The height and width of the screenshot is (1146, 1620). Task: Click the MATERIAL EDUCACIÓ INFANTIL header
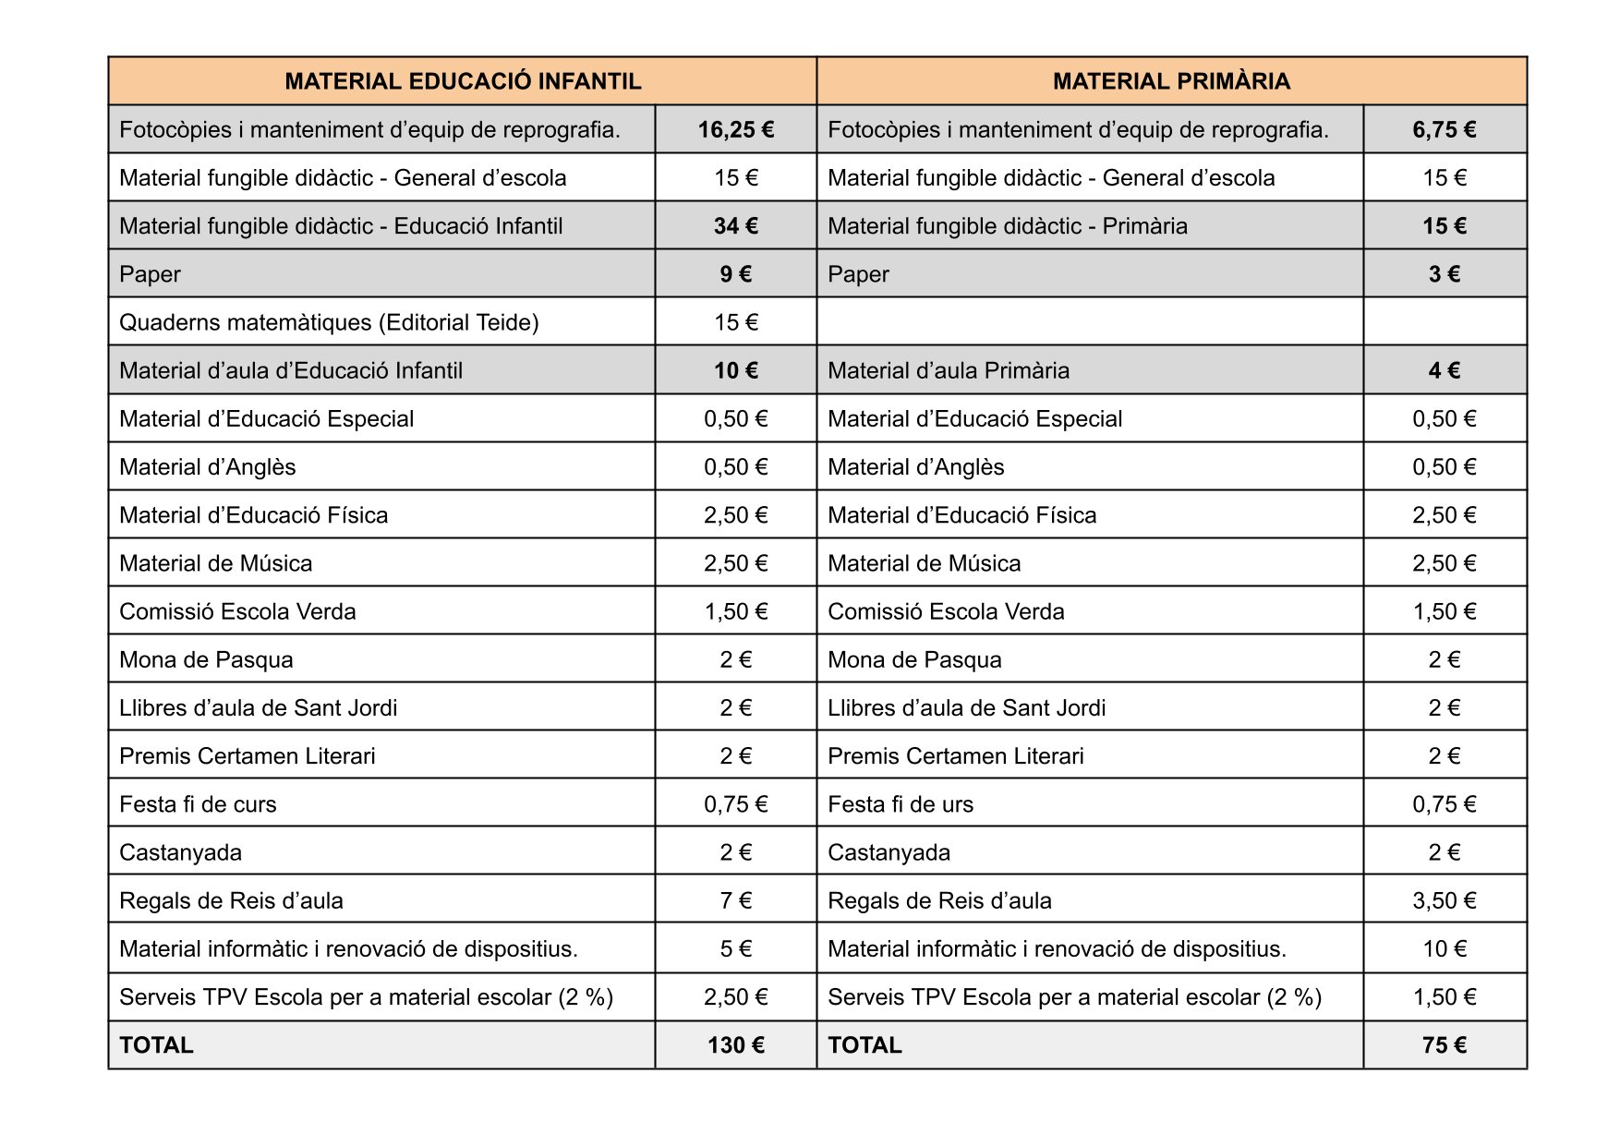point(463,81)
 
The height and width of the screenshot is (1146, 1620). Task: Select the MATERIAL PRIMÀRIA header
point(1171,81)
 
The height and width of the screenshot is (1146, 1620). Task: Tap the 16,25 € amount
point(736,130)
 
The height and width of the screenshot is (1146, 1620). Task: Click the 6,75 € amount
point(1444,130)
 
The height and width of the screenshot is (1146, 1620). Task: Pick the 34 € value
point(736,226)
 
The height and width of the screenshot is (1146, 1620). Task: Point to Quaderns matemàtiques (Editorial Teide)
point(329,322)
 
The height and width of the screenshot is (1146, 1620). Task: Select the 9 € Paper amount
point(736,274)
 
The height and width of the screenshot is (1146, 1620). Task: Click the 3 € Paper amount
point(1444,274)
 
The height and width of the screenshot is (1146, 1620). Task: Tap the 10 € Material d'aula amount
point(736,370)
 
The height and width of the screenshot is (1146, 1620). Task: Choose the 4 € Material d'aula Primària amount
point(1444,370)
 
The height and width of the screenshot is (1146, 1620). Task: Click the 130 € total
point(736,1045)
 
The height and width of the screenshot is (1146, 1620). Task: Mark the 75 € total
point(1444,1045)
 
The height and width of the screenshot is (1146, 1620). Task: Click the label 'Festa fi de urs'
point(901,804)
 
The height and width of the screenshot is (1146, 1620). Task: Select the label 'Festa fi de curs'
point(198,804)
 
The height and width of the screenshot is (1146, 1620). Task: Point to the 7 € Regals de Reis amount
point(736,900)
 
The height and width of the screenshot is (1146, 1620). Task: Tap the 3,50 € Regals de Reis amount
point(1444,900)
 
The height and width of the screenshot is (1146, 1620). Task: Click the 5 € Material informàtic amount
point(736,948)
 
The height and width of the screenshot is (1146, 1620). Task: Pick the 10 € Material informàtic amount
point(1444,948)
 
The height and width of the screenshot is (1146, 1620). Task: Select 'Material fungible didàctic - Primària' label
point(1008,226)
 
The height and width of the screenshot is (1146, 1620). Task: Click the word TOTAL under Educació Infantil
point(156,1045)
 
